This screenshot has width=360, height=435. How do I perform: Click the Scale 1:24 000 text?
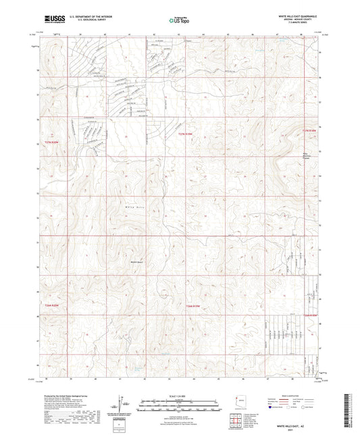tap(180, 395)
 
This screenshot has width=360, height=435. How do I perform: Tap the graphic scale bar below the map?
tap(180, 401)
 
